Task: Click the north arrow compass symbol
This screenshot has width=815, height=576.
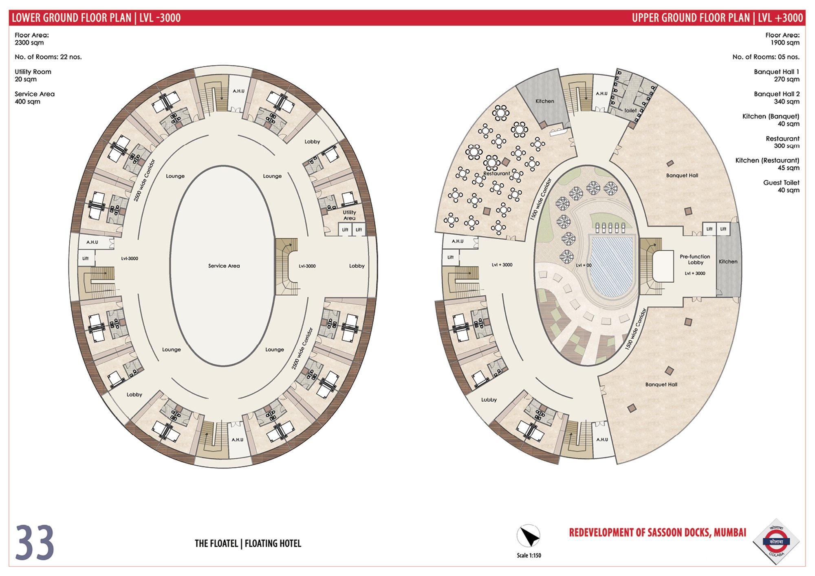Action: pos(529,536)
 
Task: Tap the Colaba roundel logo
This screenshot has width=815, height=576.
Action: pos(776,541)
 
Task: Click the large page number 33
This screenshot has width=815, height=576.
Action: pos(35,543)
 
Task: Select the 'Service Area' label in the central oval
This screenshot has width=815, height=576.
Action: pos(224,266)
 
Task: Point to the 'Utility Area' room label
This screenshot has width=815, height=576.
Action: pos(349,215)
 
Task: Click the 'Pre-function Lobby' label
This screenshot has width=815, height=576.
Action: pos(695,259)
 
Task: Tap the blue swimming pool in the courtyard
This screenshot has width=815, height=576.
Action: pos(612,267)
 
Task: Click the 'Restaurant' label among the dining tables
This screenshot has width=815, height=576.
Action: pos(496,173)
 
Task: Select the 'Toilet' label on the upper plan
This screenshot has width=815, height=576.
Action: pos(630,110)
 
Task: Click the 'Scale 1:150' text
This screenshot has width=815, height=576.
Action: pos(529,555)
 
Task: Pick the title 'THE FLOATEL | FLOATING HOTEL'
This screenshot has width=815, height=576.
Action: pos(248,543)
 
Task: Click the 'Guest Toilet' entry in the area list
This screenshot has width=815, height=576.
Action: pos(781,182)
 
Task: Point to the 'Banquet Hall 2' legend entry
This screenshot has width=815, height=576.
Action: pos(777,94)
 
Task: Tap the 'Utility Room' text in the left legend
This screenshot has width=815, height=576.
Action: pos(33,72)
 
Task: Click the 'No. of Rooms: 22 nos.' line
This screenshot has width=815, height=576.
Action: pos(48,57)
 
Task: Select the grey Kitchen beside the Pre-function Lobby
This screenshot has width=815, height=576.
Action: pos(728,259)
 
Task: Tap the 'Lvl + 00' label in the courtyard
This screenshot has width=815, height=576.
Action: pos(584,265)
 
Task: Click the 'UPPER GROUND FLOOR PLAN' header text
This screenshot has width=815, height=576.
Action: pos(691,18)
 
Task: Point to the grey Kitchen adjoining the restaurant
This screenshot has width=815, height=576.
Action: pos(544,98)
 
